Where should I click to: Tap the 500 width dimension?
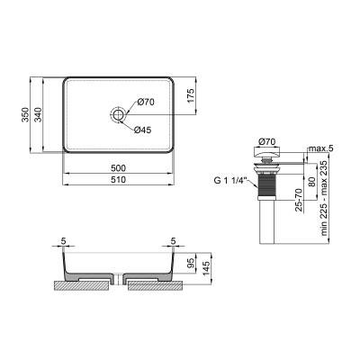[118, 167]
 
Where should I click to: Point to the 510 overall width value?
[118, 180]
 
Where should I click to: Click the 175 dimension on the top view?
[191, 96]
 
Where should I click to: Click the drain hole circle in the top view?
[118, 115]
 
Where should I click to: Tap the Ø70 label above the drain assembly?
[265, 141]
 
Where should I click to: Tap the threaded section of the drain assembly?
[266, 188]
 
